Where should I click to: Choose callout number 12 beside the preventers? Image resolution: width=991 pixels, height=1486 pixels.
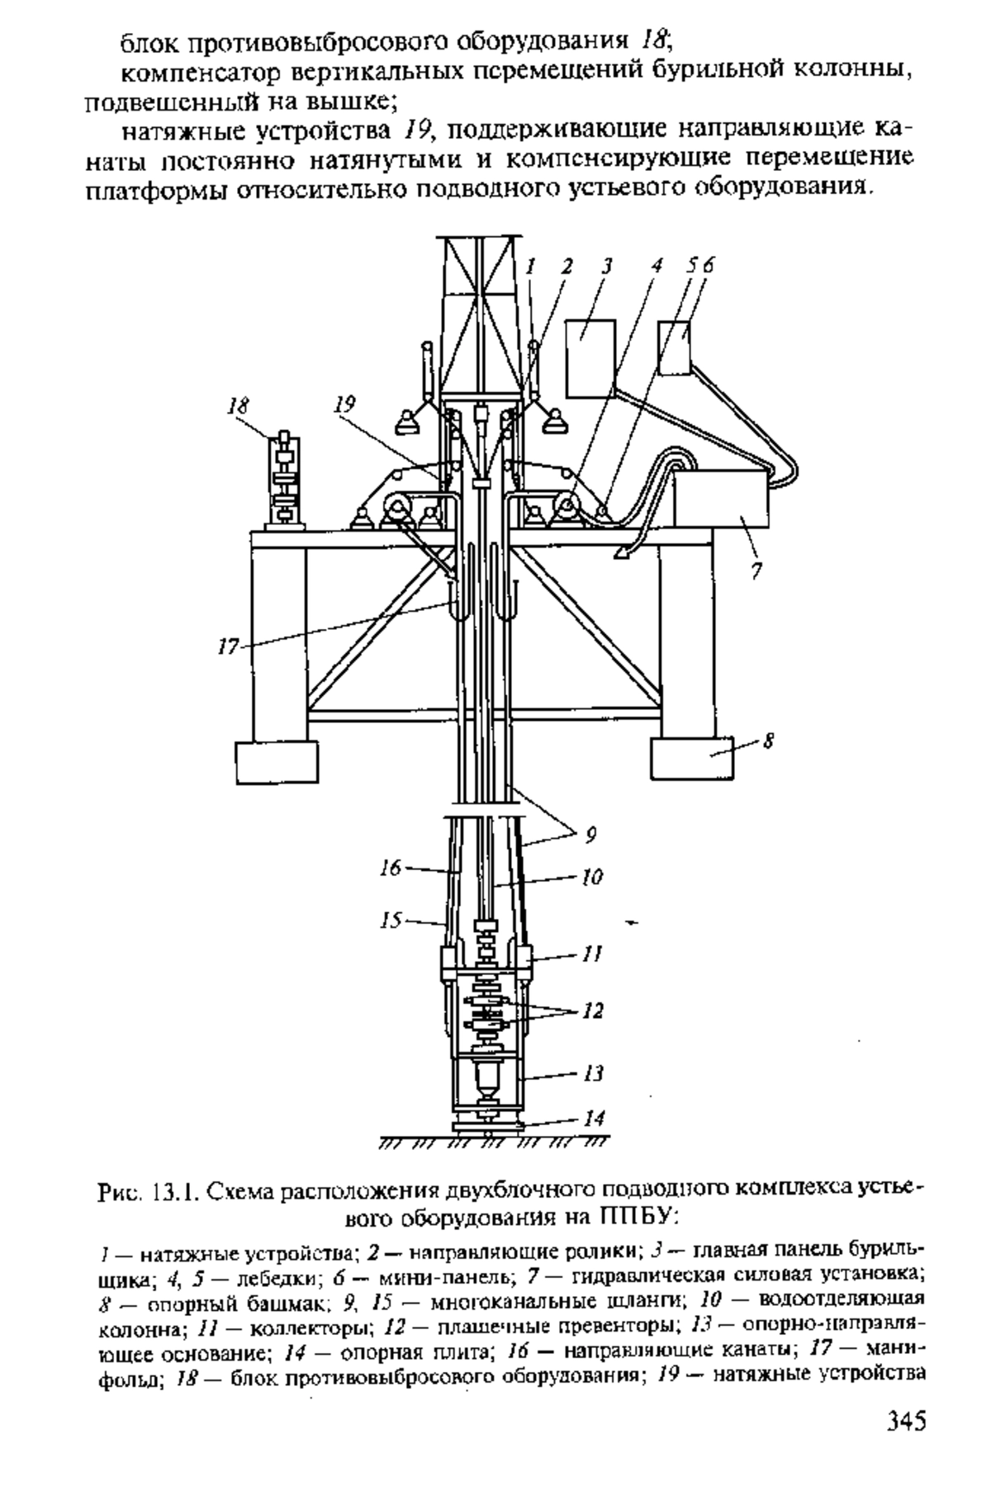[593, 1010]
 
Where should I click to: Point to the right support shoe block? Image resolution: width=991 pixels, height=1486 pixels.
[693, 757]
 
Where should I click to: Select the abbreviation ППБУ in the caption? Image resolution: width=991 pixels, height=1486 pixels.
[635, 1215]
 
